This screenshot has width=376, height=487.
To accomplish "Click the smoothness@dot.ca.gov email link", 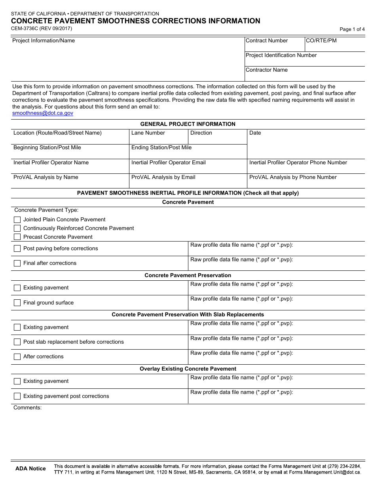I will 43,113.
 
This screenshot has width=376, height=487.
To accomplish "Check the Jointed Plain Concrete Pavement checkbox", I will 17,220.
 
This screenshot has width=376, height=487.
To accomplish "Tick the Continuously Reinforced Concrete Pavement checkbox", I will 17,228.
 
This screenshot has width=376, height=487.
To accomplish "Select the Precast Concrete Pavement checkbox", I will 17,237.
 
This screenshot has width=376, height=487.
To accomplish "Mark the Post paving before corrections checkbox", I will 17,249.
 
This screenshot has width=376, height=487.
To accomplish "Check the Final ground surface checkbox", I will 17,303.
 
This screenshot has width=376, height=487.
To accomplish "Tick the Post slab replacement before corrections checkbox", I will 17,342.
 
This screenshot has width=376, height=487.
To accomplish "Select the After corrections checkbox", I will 17,357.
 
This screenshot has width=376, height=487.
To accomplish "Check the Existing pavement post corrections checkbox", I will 17,396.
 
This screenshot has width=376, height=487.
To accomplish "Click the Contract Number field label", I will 267,41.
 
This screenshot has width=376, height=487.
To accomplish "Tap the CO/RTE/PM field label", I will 321,41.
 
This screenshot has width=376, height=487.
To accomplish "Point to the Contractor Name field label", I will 267,70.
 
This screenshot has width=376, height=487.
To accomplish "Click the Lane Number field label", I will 148,133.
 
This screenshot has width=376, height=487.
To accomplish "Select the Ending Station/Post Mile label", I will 161,148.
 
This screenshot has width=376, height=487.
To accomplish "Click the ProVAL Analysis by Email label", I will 163,177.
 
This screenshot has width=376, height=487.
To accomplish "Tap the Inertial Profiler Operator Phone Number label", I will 298,163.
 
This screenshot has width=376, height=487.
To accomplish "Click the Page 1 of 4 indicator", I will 352,29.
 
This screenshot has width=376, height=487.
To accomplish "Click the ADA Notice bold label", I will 30,469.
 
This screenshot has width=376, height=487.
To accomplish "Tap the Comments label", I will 27,408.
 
